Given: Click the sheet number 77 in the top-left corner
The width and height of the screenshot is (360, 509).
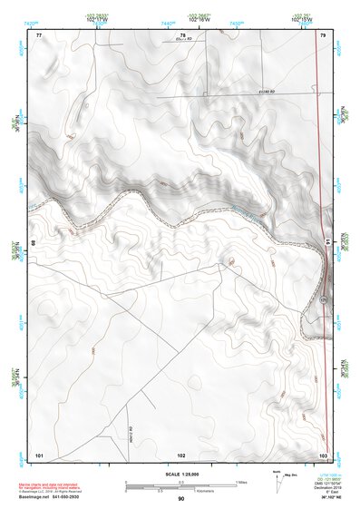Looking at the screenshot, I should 39,34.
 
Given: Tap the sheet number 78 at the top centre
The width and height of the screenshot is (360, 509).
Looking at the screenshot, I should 182,34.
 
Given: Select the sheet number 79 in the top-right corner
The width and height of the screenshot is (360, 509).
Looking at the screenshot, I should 323,34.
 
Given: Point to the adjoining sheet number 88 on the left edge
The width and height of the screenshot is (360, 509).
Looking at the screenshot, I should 35,243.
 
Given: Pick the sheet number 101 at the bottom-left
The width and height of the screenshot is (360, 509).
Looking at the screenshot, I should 39,454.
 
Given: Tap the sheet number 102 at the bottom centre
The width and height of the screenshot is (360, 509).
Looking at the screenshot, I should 181,454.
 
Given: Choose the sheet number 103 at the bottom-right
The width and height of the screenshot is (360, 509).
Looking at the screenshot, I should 323,454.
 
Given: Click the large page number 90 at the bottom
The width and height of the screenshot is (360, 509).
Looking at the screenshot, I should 181,499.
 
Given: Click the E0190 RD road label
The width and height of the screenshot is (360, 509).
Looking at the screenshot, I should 267,93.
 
